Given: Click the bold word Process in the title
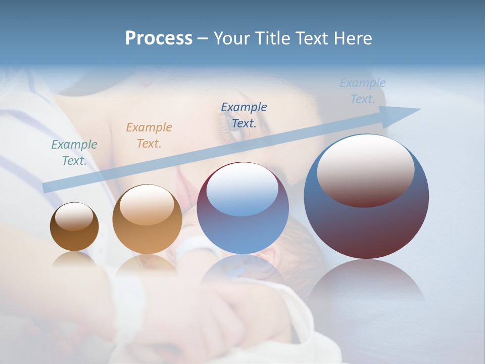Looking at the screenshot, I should (159, 38).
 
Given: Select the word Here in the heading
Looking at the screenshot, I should (353, 38).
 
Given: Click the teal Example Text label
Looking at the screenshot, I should (74, 153).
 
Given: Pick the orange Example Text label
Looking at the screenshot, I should (149, 135).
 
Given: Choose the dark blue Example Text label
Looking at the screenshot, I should (244, 115).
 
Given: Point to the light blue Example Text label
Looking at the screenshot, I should (363, 91).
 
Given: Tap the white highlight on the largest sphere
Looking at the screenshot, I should (366, 169).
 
